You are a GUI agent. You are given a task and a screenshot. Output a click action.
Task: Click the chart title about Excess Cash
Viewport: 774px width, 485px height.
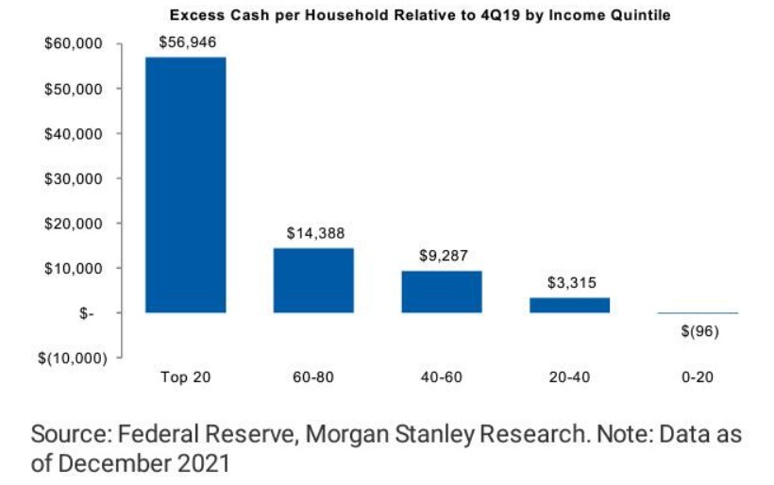pyautogui.click(x=419, y=15)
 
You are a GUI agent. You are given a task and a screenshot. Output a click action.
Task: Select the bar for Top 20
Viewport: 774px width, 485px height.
pyautogui.click(x=185, y=185)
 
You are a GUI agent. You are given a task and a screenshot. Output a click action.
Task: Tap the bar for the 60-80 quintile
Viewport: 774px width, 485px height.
pyautogui.click(x=313, y=280)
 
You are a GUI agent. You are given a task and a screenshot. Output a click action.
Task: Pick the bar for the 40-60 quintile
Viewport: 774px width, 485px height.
pyautogui.click(x=442, y=292)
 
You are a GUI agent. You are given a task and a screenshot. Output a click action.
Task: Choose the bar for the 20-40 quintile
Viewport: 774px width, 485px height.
pyautogui.click(x=569, y=305)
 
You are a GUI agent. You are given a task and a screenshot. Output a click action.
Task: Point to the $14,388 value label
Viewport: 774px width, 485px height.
pyautogui.click(x=313, y=233)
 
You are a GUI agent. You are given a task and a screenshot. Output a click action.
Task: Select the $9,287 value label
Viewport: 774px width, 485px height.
pyautogui.click(x=442, y=255)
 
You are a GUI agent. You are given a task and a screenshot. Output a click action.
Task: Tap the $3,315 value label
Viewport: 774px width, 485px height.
pyautogui.click(x=569, y=282)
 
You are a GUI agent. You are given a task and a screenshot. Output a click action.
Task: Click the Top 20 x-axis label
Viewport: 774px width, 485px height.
pyautogui.click(x=185, y=377)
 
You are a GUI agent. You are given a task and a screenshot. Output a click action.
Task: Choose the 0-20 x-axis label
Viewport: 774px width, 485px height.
pyautogui.click(x=698, y=377)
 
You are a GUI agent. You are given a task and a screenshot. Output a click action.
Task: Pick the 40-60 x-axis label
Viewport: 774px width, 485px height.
pyautogui.click(x=442, y=377)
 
